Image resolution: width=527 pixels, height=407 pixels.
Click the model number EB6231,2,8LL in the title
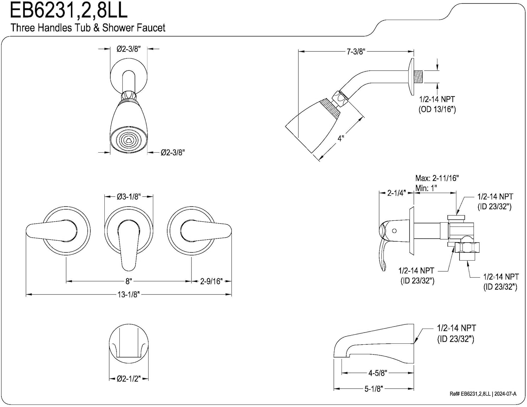click(x=69, y=11)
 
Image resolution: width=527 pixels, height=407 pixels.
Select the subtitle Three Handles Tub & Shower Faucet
click(x=88, y=28)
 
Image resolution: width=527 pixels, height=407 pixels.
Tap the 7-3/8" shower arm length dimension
click(x=356, y=52)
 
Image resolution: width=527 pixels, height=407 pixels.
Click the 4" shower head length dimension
click(x=340, y=138)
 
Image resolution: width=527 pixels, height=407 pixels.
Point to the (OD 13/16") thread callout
click(x=437, y=109)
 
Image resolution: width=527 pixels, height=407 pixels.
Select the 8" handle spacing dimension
click(x=129, y=281)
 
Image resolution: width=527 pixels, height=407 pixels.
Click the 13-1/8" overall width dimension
click(x=129, y=294)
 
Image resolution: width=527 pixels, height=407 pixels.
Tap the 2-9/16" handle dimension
click(x=211, y=281)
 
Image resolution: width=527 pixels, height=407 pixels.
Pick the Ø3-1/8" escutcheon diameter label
click(x=129, y=197)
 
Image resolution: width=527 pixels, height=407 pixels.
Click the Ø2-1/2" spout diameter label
click(x=129, y=379)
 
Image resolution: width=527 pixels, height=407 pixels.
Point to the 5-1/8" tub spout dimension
click(x=373, y=389)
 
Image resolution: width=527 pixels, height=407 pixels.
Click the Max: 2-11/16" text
click(x=437, y=178)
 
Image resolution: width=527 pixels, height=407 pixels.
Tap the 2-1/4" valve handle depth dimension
click(x=396, y=193)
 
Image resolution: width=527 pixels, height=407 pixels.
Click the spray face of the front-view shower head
click(x=129, y=141)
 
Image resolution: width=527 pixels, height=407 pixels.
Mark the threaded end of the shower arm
click(x=418, y=76)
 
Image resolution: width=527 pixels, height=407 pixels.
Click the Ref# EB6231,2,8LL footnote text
click(x=483, y=394)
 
